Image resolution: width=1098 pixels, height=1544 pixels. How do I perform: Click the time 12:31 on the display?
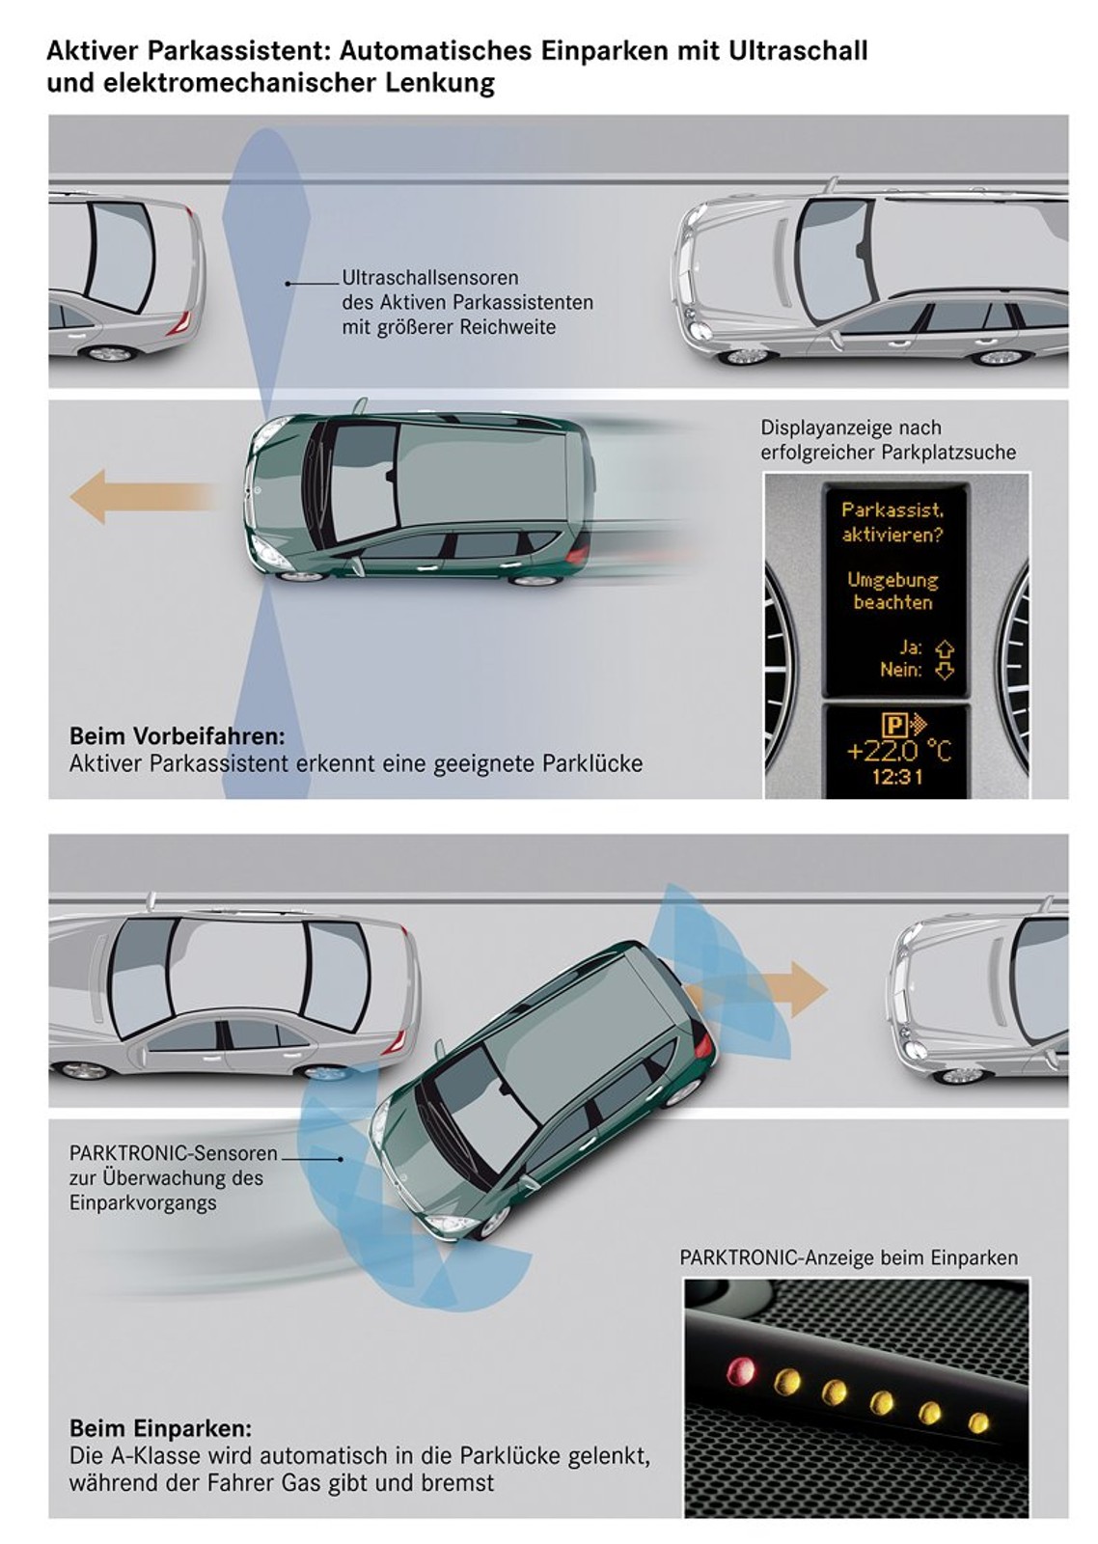pyautogui.click(x=897, y=775)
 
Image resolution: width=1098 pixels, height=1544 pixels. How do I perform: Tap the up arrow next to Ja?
pyautogui.click(x=945, y=647)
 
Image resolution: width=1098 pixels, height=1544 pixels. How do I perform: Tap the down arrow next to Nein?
pyautogui.click(x=945, y=670)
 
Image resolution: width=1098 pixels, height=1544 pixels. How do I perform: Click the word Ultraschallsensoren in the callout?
pyautogui.click(x=430, y=278)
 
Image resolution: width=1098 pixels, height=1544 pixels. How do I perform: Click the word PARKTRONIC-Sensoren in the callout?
pyautogui.click(x=174, y=1153)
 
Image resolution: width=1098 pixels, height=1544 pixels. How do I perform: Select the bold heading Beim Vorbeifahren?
pyautogui.click(x=178, y=736)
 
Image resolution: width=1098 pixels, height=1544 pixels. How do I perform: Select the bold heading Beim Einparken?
pyautogui.click(x=160, y=1428)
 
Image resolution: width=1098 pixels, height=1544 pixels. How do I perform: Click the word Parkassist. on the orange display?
pyautogui.click(x=892, y=510)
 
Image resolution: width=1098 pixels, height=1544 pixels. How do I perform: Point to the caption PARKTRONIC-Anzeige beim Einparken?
pyautogui.click(x=849, y=1257)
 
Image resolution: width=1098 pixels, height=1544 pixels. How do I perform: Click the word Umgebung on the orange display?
pyautogui.click(x=892, y=580)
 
